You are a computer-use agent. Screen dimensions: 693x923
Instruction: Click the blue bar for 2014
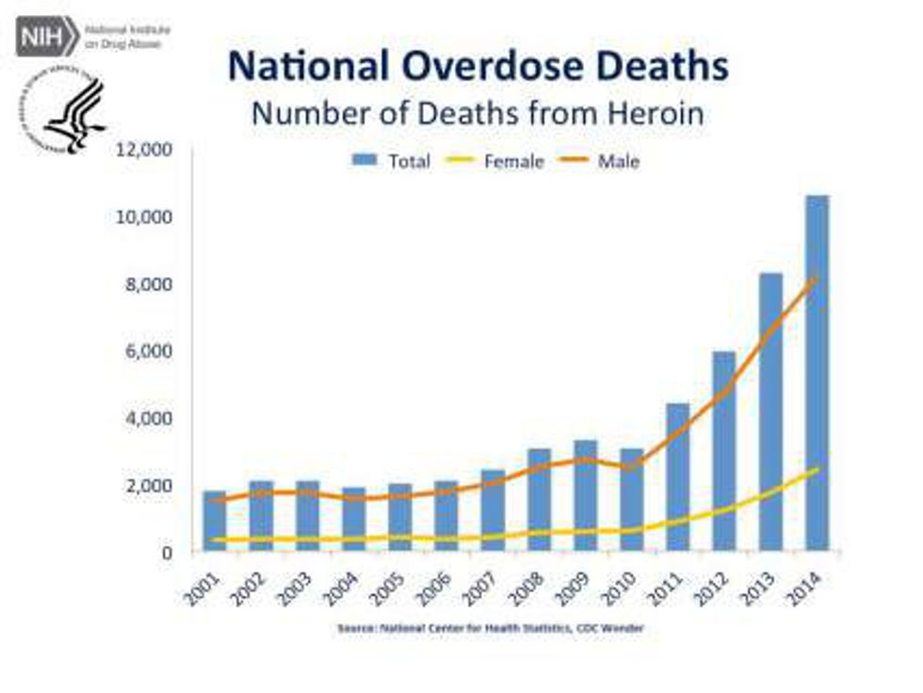click(x=818, y=377)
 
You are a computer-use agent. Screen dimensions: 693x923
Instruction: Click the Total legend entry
click(x=391, y=161)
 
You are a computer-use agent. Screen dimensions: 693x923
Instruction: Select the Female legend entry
click(x=499, y=161)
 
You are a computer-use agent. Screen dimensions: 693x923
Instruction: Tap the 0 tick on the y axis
click(x=169, y=553)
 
